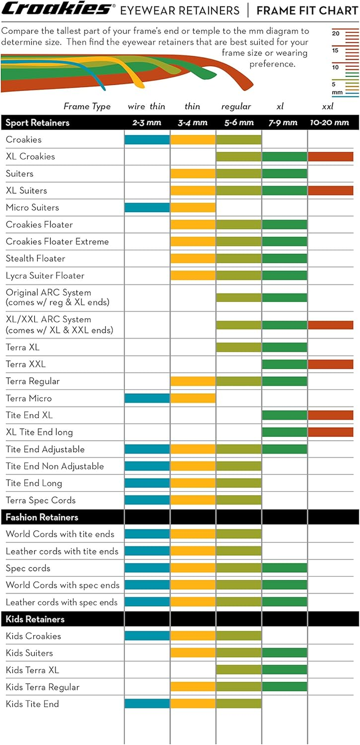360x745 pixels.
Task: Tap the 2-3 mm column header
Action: [x=147, y=122]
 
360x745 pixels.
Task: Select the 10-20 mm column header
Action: [x=329, y=122]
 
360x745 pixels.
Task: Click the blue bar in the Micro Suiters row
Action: [x=147, y=208]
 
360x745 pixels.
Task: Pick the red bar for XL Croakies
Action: [x=330, y=157]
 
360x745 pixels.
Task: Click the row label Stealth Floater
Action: [x=36, y=258]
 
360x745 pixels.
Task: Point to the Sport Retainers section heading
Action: [x=37, y=122]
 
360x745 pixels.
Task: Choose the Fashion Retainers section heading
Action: [x=42, y=517]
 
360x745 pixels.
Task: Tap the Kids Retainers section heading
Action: [x=35, y=619]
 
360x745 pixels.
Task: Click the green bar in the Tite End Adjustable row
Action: [x=284, y=449]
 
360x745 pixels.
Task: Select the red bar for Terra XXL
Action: [x=330, y=364]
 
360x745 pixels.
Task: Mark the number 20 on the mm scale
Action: [x=336, y=33]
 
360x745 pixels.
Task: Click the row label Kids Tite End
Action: [x=32, y=704]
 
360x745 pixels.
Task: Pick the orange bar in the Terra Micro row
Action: [x=193, y=398]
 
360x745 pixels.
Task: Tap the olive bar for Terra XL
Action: [x=238, y=347]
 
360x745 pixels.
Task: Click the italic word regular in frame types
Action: [x=236, y=106]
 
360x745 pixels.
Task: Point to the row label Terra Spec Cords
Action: [x=40, y=500]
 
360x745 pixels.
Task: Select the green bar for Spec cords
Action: [x=284, y=568]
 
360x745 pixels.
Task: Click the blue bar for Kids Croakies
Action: [x=147, y=636]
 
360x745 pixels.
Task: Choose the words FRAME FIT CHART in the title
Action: [x=307, y=10]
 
